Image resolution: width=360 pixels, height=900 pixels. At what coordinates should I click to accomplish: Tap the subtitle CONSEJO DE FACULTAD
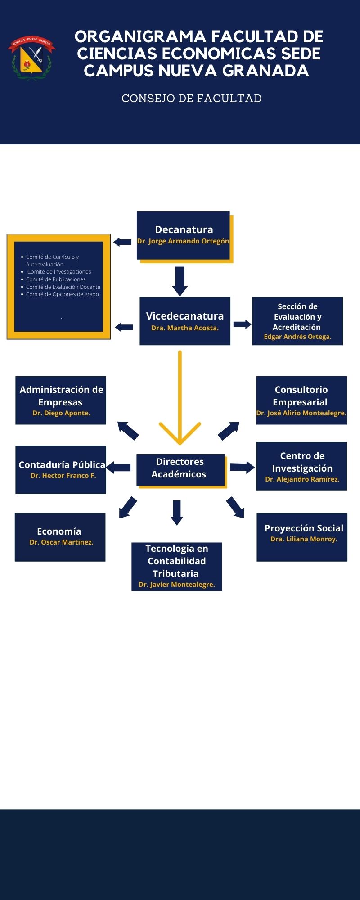(x=192, y=99)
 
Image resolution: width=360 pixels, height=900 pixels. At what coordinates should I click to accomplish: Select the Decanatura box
(x=184, y=235)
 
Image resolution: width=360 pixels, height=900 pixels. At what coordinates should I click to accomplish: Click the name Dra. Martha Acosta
(x=185, y=328)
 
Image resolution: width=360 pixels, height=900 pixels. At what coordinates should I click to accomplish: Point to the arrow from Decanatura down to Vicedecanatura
(x=180, y=281)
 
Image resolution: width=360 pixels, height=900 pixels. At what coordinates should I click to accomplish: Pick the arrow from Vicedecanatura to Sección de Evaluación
(x=242, y=324)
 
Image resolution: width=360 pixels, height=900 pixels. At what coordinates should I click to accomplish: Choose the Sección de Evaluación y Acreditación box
(x=297, y=321)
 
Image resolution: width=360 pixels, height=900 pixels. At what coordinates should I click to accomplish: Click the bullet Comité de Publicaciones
(x=56, y=279)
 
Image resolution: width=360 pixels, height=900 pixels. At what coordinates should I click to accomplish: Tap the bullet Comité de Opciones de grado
(x=62, y=294)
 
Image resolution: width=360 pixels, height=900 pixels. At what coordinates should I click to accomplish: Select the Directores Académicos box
(x=180, y=469)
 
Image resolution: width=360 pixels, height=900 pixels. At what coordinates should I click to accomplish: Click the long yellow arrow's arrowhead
(x=180, y=434)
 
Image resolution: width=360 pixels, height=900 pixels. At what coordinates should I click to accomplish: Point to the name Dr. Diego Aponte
(x=61, y=413)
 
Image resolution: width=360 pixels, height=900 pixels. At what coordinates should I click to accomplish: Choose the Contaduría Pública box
(x=61, y=469)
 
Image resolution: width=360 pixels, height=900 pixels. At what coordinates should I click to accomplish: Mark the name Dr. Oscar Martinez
(x=61, y=542)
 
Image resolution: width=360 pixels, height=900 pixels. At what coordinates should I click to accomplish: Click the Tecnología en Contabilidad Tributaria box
(x=177, y=566)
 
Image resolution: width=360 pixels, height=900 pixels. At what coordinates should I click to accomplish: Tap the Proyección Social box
(x=302, y=537)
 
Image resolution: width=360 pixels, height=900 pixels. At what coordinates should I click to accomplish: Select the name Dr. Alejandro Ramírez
(x=302, y=479)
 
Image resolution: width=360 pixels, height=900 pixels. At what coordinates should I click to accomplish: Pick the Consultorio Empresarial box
(x=301, y=400)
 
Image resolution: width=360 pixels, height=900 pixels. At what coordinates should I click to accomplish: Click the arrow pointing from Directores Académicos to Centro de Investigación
(x=242, y=467)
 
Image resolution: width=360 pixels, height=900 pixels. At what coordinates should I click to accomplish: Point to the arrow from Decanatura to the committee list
(x=122, y=242)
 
